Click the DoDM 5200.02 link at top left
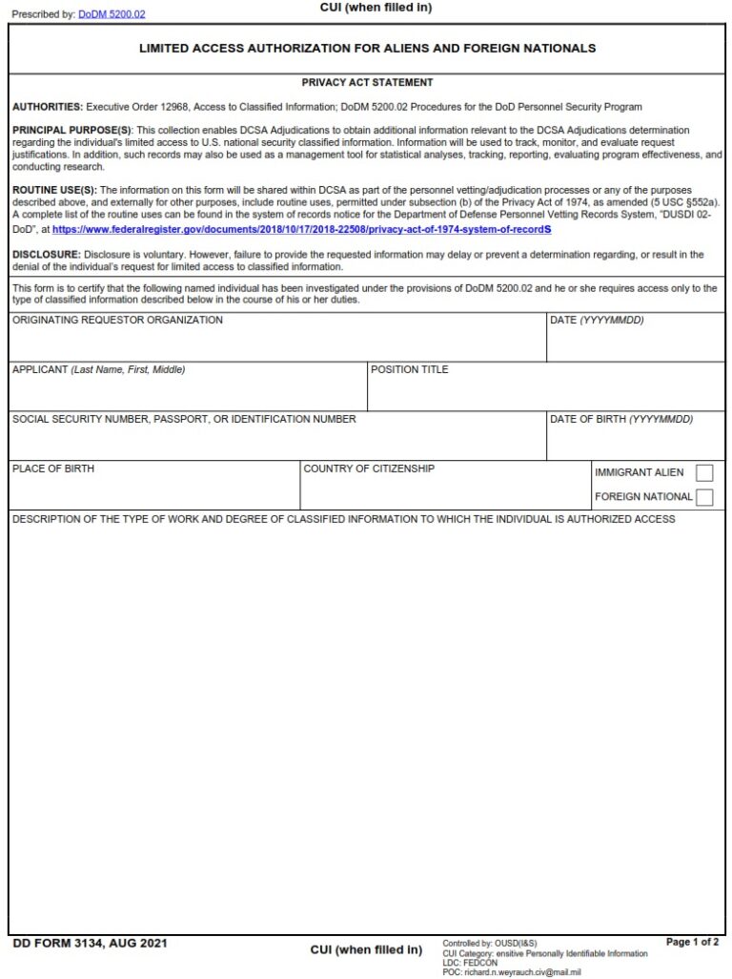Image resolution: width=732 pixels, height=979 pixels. (112, 14)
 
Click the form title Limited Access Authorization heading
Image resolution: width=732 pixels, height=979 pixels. (367, 48)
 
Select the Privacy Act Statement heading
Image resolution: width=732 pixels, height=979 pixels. (367, 83)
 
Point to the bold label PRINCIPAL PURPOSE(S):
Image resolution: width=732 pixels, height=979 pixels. (72, 130)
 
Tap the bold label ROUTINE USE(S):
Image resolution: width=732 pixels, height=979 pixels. (54, 190)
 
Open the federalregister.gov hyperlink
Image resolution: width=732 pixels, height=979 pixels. (301, 230)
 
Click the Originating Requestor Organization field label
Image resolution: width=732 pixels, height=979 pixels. (117, 321)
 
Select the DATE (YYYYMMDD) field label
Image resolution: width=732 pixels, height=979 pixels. (597, 321)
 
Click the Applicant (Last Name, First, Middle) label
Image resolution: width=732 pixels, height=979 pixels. (98, 370)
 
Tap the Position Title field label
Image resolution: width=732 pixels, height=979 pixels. (409, 370)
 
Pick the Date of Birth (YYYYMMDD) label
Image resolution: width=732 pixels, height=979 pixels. (620, 420)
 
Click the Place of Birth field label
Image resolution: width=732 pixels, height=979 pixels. (53, 469)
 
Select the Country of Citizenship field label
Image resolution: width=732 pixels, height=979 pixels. (369, 469)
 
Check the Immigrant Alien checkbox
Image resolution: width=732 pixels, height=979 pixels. (704, 472)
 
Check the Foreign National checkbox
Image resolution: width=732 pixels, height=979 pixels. (704, 496)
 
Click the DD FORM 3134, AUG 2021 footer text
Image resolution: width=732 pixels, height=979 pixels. (91, 944)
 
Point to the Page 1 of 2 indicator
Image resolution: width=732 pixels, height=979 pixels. (692, 943)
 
